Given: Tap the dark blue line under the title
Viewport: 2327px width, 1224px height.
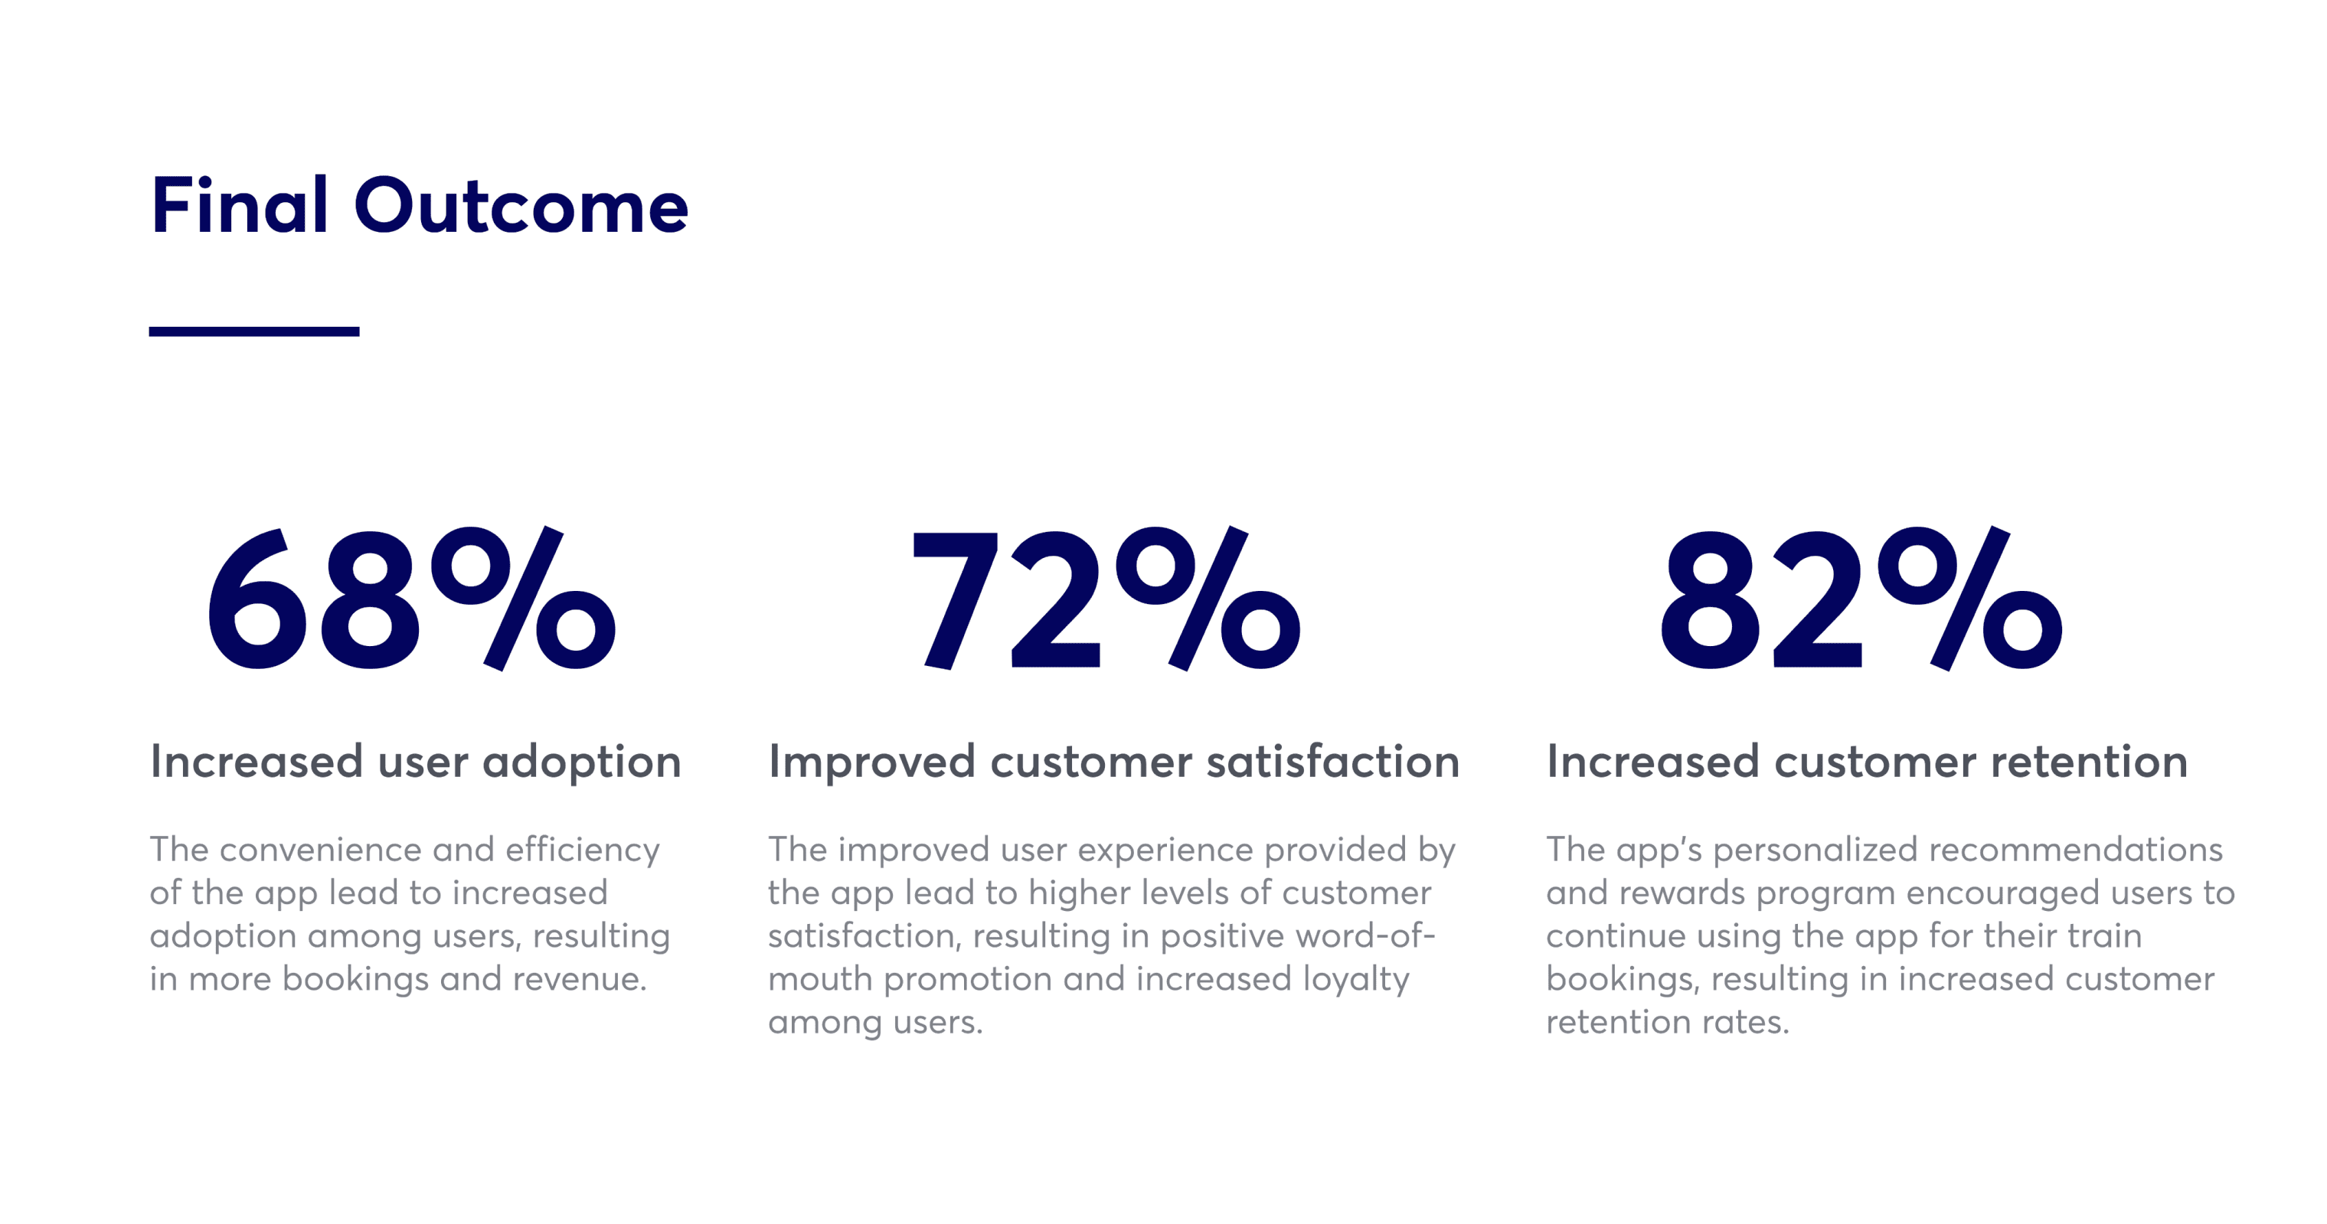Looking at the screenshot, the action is tap(254, 331).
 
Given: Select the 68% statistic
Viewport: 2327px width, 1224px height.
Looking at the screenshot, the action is tap(412, 599).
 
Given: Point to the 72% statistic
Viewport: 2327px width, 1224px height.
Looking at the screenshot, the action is tap(1106, 599).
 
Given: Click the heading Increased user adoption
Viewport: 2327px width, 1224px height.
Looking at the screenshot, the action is tap(416, 762).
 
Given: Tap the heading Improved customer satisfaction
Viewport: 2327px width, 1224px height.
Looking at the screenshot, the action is tap(1114, 762).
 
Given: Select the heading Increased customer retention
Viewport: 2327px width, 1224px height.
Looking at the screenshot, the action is tap(1868, 762).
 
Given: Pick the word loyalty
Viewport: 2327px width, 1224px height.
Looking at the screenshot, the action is tap(1356, 980).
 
